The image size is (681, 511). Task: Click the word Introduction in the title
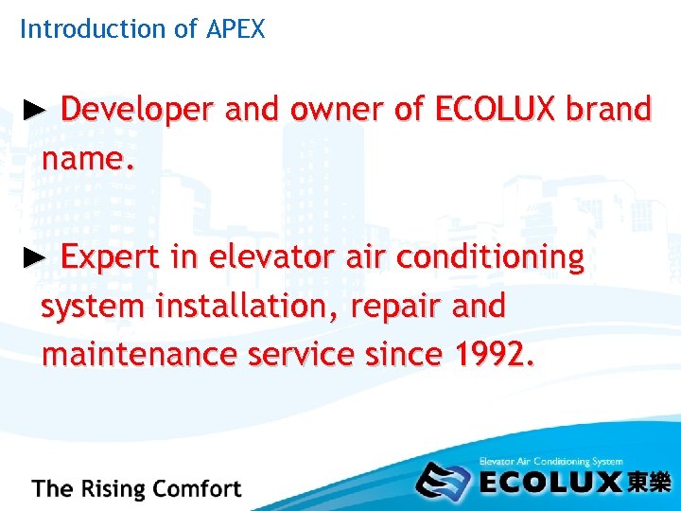[x=93, y=29]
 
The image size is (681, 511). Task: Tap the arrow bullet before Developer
[x=33, y=110]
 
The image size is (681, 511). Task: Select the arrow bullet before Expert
[x=33, y=256]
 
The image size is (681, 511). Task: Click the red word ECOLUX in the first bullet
[x=496, y=111]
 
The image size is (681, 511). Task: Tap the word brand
[x=609, y=111]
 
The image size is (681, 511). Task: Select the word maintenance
[x=139, y=355]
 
